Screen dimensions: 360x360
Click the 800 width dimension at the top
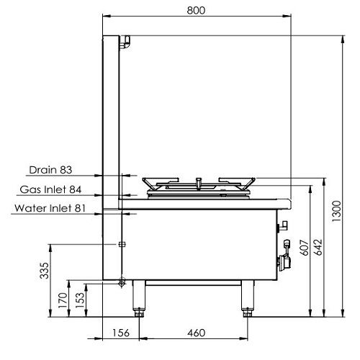pos(196,11)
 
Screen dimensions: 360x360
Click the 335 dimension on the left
pos(44,271)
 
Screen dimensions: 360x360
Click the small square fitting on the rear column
pos(121,245)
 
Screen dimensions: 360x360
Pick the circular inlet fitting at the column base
pos(122,283)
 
